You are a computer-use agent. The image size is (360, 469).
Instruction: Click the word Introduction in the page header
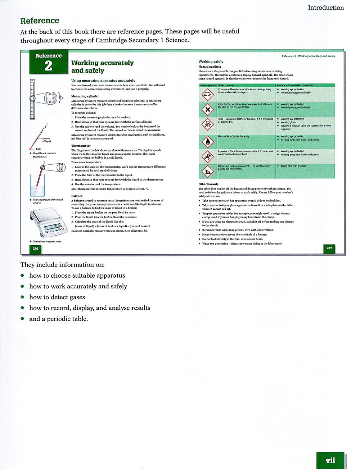click(x=326, y=8)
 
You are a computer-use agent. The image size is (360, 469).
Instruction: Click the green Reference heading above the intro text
click(x=40, y=21)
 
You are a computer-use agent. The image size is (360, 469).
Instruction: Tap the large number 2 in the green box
click(x=48, y=66)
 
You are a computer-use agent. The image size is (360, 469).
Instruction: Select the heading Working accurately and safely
click(x=102, y=67)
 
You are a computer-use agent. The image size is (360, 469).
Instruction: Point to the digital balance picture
click(x=48, y=223)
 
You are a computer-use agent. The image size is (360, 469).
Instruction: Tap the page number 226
click(x=35, y=249)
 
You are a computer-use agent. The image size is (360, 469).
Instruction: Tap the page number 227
click(x=329, y=248)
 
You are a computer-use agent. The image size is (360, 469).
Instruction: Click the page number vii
click(x=330, y=460)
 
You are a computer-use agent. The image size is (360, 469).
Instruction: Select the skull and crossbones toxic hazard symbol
click(x=207, y=124)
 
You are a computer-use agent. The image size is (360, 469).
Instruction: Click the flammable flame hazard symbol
click(x=207, y=141)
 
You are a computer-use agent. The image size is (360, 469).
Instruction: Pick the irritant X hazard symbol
click(x=207, y=109)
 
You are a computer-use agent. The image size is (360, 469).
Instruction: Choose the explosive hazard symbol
click(x=207, y=156)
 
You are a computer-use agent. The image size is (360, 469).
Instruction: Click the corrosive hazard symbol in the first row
click(x=207, y=95)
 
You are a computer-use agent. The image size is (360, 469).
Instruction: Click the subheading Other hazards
click(x=208, y=184)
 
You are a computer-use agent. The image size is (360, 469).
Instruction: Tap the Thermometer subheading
click(x=81, y=146)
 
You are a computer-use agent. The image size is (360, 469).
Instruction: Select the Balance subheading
click(x=77, y=196)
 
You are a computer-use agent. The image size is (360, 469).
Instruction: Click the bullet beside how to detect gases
click(x=22, y=297)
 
